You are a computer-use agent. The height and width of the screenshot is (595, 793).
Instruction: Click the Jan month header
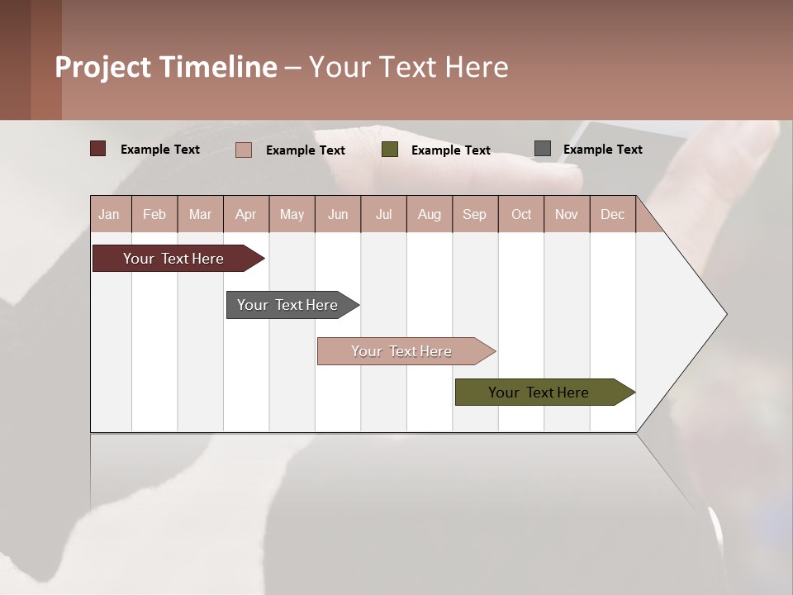109,214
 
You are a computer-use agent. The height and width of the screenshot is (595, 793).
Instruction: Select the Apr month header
246,214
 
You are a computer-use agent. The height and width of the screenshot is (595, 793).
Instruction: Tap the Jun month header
338,214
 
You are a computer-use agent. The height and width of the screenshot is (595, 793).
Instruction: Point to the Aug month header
430,214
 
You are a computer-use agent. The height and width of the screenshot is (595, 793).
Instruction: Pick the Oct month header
521,214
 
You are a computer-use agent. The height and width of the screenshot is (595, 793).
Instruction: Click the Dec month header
613,214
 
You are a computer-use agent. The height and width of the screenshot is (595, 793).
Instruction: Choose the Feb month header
154,214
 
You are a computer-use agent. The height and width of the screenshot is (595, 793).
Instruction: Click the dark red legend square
97,149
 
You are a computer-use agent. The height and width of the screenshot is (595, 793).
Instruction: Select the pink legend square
244,150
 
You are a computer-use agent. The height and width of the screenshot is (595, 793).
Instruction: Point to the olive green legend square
390,150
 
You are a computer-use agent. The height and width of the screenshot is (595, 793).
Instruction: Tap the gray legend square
543,149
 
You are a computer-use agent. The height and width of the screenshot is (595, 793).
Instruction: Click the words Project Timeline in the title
166,67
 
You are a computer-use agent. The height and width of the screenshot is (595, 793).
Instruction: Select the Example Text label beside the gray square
603,150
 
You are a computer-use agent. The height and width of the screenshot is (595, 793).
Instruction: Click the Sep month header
475,214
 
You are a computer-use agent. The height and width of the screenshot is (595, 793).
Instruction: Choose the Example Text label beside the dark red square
160,150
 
